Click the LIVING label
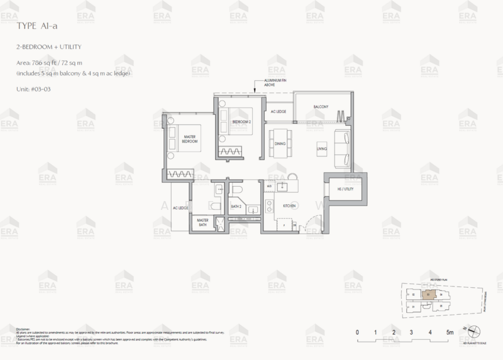(321, 148)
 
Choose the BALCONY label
(321, 107)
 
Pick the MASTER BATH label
(202, 223)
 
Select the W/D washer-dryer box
(268, 187)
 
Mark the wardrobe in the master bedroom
(182, 173)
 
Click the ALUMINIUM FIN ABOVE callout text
(271, 84)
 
